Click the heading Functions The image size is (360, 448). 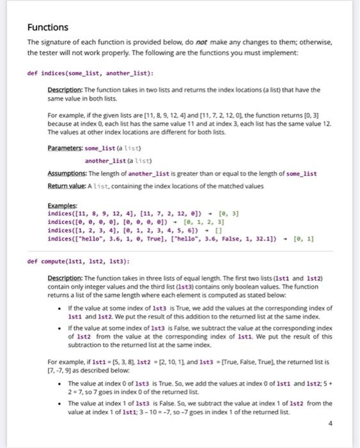coord(47,28)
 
